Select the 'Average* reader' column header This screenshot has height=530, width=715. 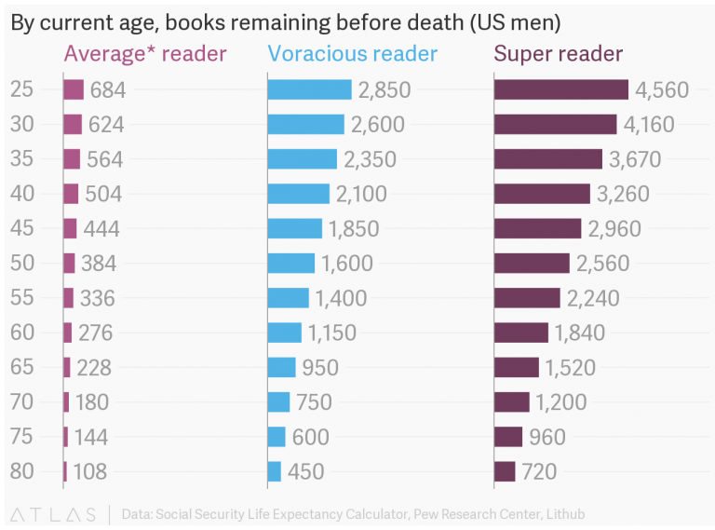[x=144, y=54]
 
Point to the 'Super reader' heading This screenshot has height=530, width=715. [x=558, y=54]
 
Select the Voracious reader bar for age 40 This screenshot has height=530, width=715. [x=298, y=194]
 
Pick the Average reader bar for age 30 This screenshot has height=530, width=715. [x=73, y=124]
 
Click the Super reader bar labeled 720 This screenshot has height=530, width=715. [x=505, y=471]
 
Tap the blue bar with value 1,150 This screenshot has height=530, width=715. [x=284, y=333]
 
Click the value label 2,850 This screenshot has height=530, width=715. [x=384, y=90]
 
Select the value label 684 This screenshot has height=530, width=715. [x=107, y=90]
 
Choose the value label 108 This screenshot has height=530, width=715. [x=90, y=472]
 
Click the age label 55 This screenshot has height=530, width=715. [x=21, y=298]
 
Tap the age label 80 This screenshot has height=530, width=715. [x=21, y=471]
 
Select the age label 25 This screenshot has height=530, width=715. [x=21, y=89]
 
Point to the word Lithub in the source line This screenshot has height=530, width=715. [x=561, y=514]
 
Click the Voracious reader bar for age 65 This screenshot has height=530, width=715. [x=281, y=367]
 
